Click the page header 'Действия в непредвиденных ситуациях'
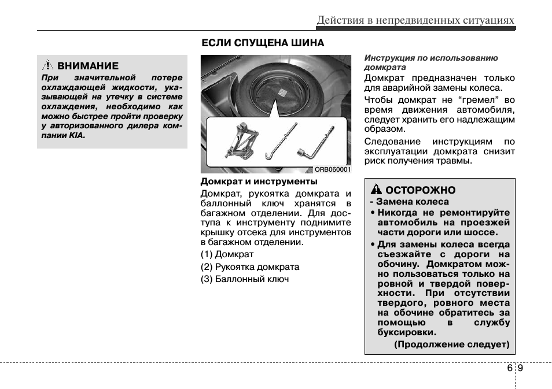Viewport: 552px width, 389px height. click(x=415, y=21)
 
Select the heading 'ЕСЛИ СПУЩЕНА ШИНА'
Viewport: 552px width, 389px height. click(x=262, y=43)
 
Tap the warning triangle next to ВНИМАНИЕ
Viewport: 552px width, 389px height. click(x=49, y=66)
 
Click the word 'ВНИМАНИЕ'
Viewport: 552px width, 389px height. click(x=88, y=66)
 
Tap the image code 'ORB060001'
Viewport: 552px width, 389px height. click(x=332, y=169)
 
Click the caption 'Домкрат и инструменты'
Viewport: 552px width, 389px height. click(x=251, y=181)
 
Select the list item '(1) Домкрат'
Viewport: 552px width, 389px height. click(x=227, y=254)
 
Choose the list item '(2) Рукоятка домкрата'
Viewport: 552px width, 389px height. click(x=250, y=267)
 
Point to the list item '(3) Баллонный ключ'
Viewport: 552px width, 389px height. click(x=245, y=279)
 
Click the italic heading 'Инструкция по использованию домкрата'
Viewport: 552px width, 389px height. click(x=430, y=62)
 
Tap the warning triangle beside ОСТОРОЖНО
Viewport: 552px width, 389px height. click(x=376, y=190)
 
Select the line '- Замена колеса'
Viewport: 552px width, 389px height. click(x=409, y=202)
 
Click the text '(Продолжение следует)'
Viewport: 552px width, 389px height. click(x=451, y=344)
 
